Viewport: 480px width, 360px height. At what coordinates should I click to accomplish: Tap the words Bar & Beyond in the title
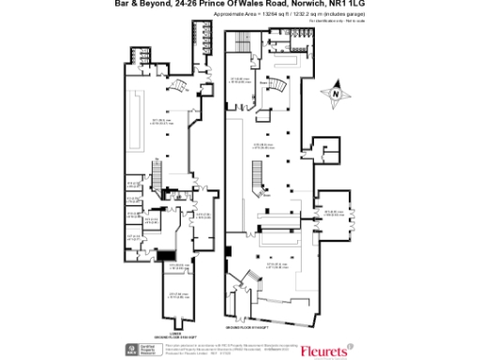coord(142,5)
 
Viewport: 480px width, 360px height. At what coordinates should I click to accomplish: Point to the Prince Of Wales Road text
coord(225,5)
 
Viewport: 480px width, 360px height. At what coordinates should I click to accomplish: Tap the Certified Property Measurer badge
coord(141,349)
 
